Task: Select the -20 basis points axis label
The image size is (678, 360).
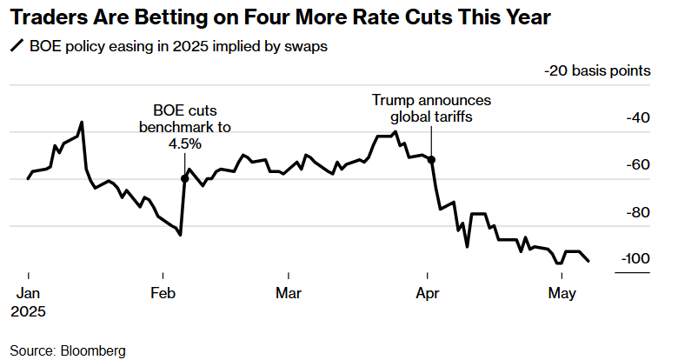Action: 599,70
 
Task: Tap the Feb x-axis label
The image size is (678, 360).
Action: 165,293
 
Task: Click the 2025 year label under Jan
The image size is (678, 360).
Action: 28,310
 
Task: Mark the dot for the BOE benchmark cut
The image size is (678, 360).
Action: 184,178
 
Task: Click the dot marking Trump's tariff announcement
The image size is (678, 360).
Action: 432,160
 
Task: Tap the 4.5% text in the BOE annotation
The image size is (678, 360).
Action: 184,144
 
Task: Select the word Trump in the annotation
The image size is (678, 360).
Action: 390,100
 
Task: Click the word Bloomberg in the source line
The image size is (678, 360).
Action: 93,350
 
